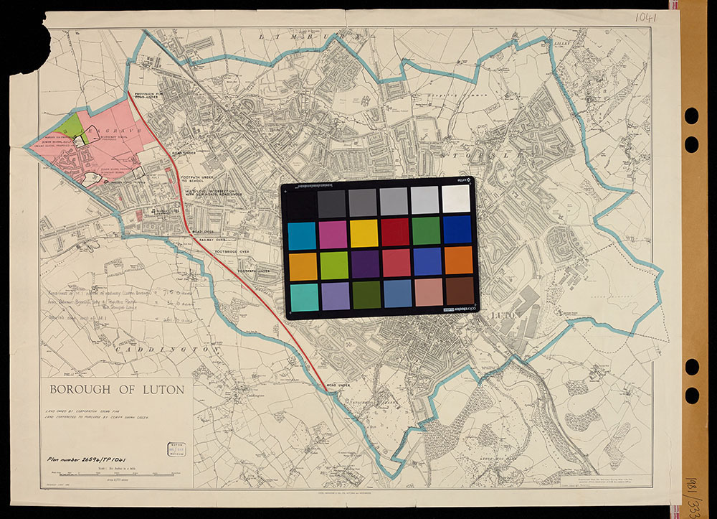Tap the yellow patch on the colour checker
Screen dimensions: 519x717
(364, 233)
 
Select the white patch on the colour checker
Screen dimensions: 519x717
(456, 199)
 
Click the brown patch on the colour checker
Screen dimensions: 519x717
(459, 293)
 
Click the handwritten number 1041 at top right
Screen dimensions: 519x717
(646, 17)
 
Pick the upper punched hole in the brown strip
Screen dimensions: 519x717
(691, 116)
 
